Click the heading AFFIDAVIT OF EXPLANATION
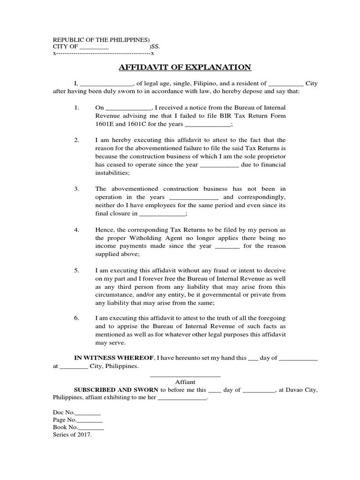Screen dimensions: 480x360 coord(185,67)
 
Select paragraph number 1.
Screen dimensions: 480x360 coord(77,108)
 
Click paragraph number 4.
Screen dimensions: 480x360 coord(77,230)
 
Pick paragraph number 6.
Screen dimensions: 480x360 coord(77,318)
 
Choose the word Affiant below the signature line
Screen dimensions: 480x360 coord(185,382)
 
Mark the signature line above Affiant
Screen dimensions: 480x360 coord(185,375)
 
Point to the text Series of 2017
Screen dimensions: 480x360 coord(73,435)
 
